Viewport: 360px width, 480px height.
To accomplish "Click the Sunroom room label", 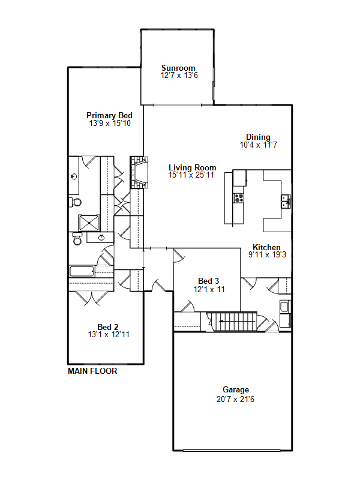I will click(178, 68).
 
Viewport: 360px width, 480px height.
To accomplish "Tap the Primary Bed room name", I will click(109, 115).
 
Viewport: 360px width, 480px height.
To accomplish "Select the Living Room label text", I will click(192, 167).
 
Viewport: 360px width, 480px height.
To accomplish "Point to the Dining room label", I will click(258, 137).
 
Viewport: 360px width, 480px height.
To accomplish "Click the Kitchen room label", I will click(266, 247).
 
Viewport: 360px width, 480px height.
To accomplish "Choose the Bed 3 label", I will click(209, 281).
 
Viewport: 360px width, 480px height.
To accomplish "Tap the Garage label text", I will click(235, 389).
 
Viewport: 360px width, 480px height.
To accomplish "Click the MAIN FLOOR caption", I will click(92, 371).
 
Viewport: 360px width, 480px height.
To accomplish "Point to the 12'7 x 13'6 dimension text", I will click(179, 76).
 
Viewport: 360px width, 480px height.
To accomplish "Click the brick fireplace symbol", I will click(139, 173).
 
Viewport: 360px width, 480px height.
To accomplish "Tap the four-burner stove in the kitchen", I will click(239, 197).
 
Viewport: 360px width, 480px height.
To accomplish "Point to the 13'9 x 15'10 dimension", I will click(109, 123).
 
